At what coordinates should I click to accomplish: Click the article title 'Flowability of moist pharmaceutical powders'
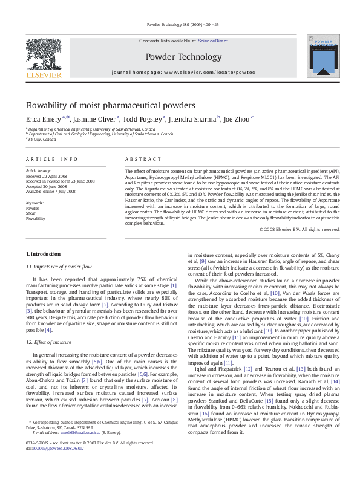coord(110,105)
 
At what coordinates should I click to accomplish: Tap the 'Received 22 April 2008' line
coord(50,177)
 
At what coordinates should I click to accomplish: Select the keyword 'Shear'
coord(31,213)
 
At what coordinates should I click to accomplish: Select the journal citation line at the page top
coord(180,24)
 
